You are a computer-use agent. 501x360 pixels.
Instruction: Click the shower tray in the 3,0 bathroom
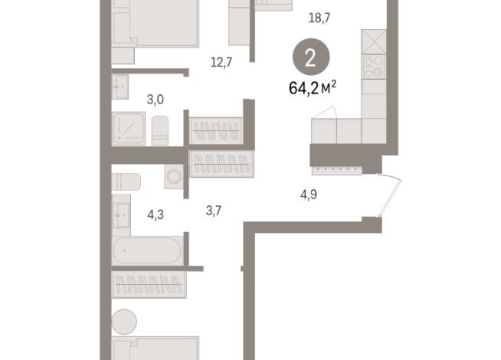pyautogui.click(x=128, y=129)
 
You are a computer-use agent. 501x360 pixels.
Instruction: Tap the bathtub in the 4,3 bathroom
pyautogui.click(x=146, y=250)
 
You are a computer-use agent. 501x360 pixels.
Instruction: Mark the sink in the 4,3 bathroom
pyautogui.click(x=120, y=215)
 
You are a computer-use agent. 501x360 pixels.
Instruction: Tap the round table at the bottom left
pyautogui.click(x=123, y=320)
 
